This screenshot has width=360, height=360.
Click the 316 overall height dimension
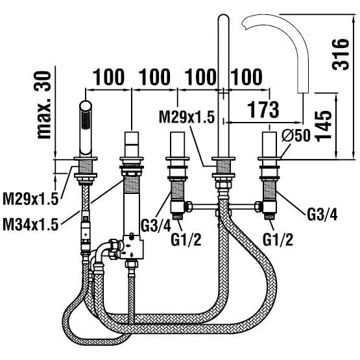[341, 54]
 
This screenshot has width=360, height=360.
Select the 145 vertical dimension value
[324, 126]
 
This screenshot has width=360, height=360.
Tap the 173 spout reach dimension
[263, 110]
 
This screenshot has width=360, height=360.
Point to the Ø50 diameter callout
[296, 135]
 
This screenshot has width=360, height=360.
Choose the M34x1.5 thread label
[30, 224]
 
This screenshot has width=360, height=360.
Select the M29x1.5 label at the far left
[30, 198]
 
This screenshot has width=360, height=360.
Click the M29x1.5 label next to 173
[187, 117]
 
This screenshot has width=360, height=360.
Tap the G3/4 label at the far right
[322, 215]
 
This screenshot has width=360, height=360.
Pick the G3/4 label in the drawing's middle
[156, 226]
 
